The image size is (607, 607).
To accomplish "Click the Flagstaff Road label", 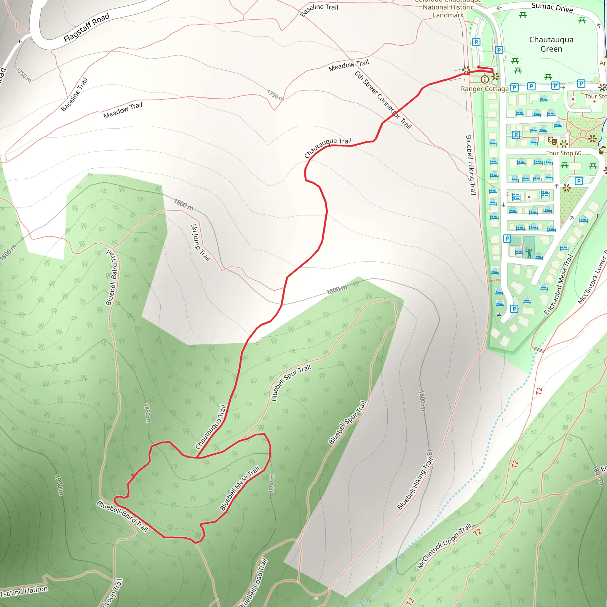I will pyautogui.click(x=87, y=28).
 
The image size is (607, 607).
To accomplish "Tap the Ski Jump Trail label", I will pyautogui.click(x=200, y=242).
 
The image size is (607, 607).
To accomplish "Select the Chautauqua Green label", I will pyautogui.click(x=551, y=44).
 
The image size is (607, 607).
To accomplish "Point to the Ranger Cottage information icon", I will pyautogui.click(x=485, y=79).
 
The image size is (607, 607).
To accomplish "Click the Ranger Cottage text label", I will pyautogui.click(x=485, y=89).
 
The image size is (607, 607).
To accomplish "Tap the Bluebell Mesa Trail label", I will pyautogui.click(x=240, y=488).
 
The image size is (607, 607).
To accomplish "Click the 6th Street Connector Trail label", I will pyautogui.click(x=383, y=100).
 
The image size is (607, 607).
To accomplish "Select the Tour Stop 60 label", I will pyautogui.click(x=564, y=153).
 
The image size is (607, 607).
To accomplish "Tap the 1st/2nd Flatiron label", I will pyautogui.click(x=24, y=591).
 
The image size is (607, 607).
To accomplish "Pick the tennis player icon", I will pyautogui.click(x=529, y=252).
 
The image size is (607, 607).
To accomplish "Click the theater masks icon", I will pyautogui.click(x=552, y=141).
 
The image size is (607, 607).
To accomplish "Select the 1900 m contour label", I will pyautogui.click(x=59, y=485).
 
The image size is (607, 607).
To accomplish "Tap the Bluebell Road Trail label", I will pyautogui.click(x=253, y=583).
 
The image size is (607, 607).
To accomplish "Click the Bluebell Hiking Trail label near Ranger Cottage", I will pyautogui.click(x=471, y=165).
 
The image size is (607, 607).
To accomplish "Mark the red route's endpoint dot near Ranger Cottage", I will pyautogui.click(x=478, y=67).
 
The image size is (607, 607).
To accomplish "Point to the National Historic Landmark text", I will pyautogui.click(x=448, y=11).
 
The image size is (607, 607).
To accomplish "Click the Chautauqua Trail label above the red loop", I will pyautogui.click(x=210, y=427).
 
